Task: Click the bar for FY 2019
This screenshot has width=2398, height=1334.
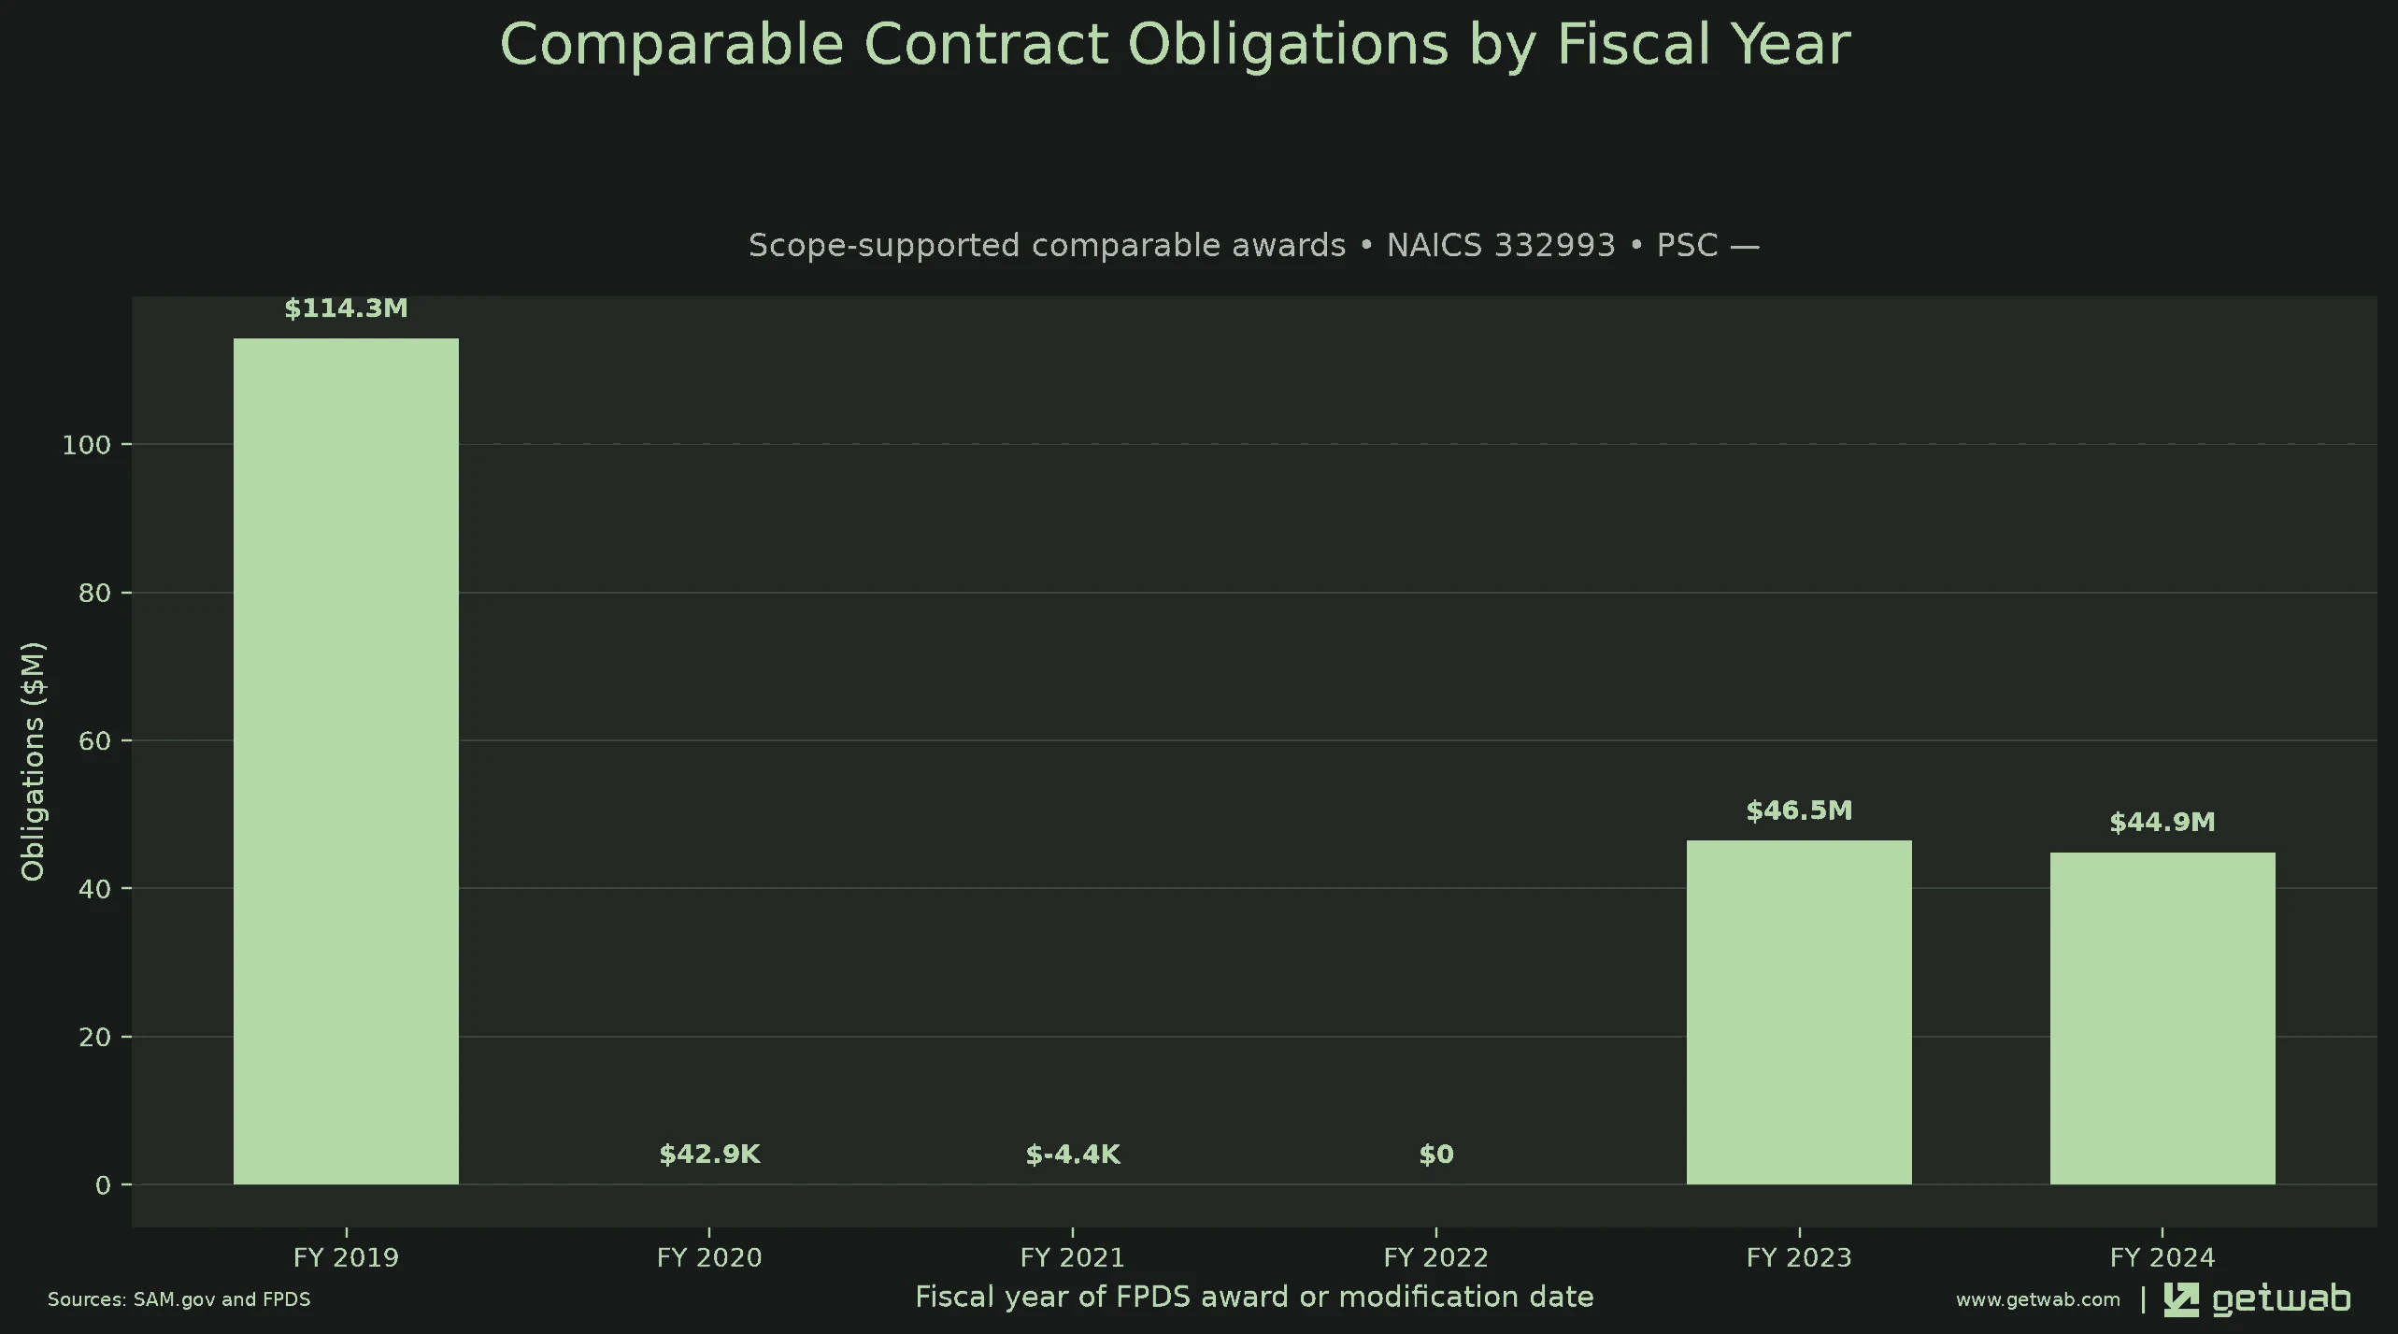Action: click(x=346, y=761)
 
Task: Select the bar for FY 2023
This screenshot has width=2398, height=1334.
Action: click(x=1799, y=1012)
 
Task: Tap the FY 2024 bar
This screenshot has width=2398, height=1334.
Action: click(x=2162, y=1018)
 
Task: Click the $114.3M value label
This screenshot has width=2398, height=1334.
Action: click(x=346, y=308)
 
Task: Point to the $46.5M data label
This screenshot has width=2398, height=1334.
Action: click(x=1799, y=810)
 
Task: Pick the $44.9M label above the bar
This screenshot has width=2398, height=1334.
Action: click(x=2162, y=823)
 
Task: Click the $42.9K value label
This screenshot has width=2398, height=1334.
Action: click(x=709, y=1155)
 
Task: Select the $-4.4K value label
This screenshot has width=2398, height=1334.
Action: click(x=1073, y=1155)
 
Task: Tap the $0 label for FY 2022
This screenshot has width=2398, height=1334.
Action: click(x=1436, y=1155)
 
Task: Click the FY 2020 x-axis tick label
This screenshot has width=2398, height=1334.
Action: click(x=709, y=1257)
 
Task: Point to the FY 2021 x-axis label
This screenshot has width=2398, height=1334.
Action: click(x=1073, y=1257)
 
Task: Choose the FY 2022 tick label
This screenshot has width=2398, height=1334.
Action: click(x=1436, y=1257)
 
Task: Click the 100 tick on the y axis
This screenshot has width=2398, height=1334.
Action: click(x=86, y=445)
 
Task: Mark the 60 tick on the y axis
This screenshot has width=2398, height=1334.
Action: click(x=94, y=741)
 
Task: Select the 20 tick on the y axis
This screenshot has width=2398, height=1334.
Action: click(x=94, y=1038)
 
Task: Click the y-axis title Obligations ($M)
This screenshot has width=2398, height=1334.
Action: click(x=33, y=761)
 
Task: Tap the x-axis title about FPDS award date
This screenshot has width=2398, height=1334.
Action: click(x=1254, y=1298)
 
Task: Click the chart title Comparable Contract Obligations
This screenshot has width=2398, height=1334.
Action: click(x=1176, y=44)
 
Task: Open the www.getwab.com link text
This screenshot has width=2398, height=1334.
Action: click(x=2038, y=1299)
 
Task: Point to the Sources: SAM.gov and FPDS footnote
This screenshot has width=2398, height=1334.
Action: click(x=179, y=1299)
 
